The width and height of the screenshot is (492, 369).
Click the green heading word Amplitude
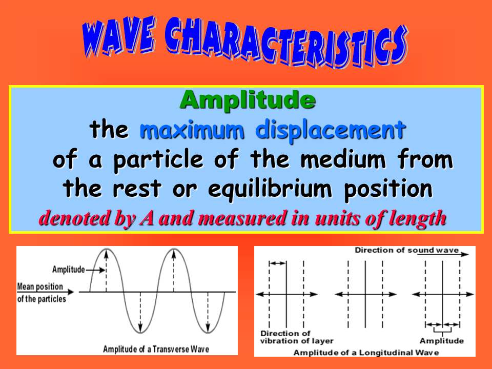coord(248,100)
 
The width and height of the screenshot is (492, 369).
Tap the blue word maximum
coord(192,129)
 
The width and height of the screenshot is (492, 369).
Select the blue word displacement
coord(331,130)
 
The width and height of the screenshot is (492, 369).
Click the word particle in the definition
coord(158,160)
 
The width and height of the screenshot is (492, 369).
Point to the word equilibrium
coord(270,189)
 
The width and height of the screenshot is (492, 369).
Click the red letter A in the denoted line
coord(147,218)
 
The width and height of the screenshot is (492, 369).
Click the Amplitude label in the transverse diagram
coord(68,270)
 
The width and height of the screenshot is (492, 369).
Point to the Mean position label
coord(40,286)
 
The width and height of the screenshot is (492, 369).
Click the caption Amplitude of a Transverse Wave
coord(156,349)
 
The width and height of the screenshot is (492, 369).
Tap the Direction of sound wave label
coord(406,250)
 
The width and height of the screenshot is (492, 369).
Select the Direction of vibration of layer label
coord(297,337)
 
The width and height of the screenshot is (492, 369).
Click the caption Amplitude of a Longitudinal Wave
coord(366,353)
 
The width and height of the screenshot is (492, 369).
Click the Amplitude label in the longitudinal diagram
coord(441,341)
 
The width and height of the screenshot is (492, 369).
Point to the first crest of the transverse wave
coord(107,249)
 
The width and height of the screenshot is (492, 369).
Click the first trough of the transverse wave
coord(140,332)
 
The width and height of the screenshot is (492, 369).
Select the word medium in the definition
coord(343,159)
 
